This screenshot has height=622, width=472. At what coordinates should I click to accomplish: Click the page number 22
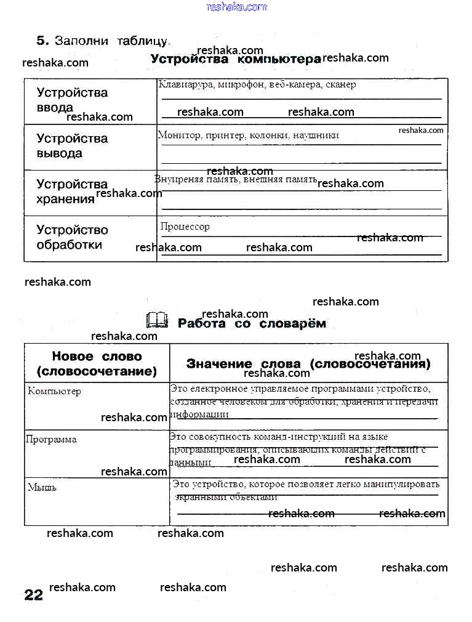coord(34,595)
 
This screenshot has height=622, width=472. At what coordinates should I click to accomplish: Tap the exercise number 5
coord(42,41)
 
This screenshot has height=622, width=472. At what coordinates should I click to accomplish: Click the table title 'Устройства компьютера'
coord(236,59)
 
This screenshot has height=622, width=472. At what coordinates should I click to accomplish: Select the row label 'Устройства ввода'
coord(72,100)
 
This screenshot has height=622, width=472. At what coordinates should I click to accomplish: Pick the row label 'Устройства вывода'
coord(72,146)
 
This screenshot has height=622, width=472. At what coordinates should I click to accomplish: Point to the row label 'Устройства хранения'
coord(72,191)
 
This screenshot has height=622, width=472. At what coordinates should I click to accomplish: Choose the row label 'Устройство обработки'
coord(72,237)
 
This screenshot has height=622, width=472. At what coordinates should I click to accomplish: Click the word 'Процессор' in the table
coord(185,227)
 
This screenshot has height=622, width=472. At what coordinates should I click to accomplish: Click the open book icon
coord(157,321)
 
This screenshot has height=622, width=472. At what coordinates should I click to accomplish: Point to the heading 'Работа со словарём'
coord(252,323)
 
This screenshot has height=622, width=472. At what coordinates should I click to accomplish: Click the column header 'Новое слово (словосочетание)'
coord(97,364)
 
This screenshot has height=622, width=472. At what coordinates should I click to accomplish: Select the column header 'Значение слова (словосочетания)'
coord(308,364)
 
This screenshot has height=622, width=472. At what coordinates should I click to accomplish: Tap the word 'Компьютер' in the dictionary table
coord(54,391)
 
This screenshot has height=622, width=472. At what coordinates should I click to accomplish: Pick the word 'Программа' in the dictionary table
coord(51,439)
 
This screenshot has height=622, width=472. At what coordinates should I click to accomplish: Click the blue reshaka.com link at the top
coord(237,7)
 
